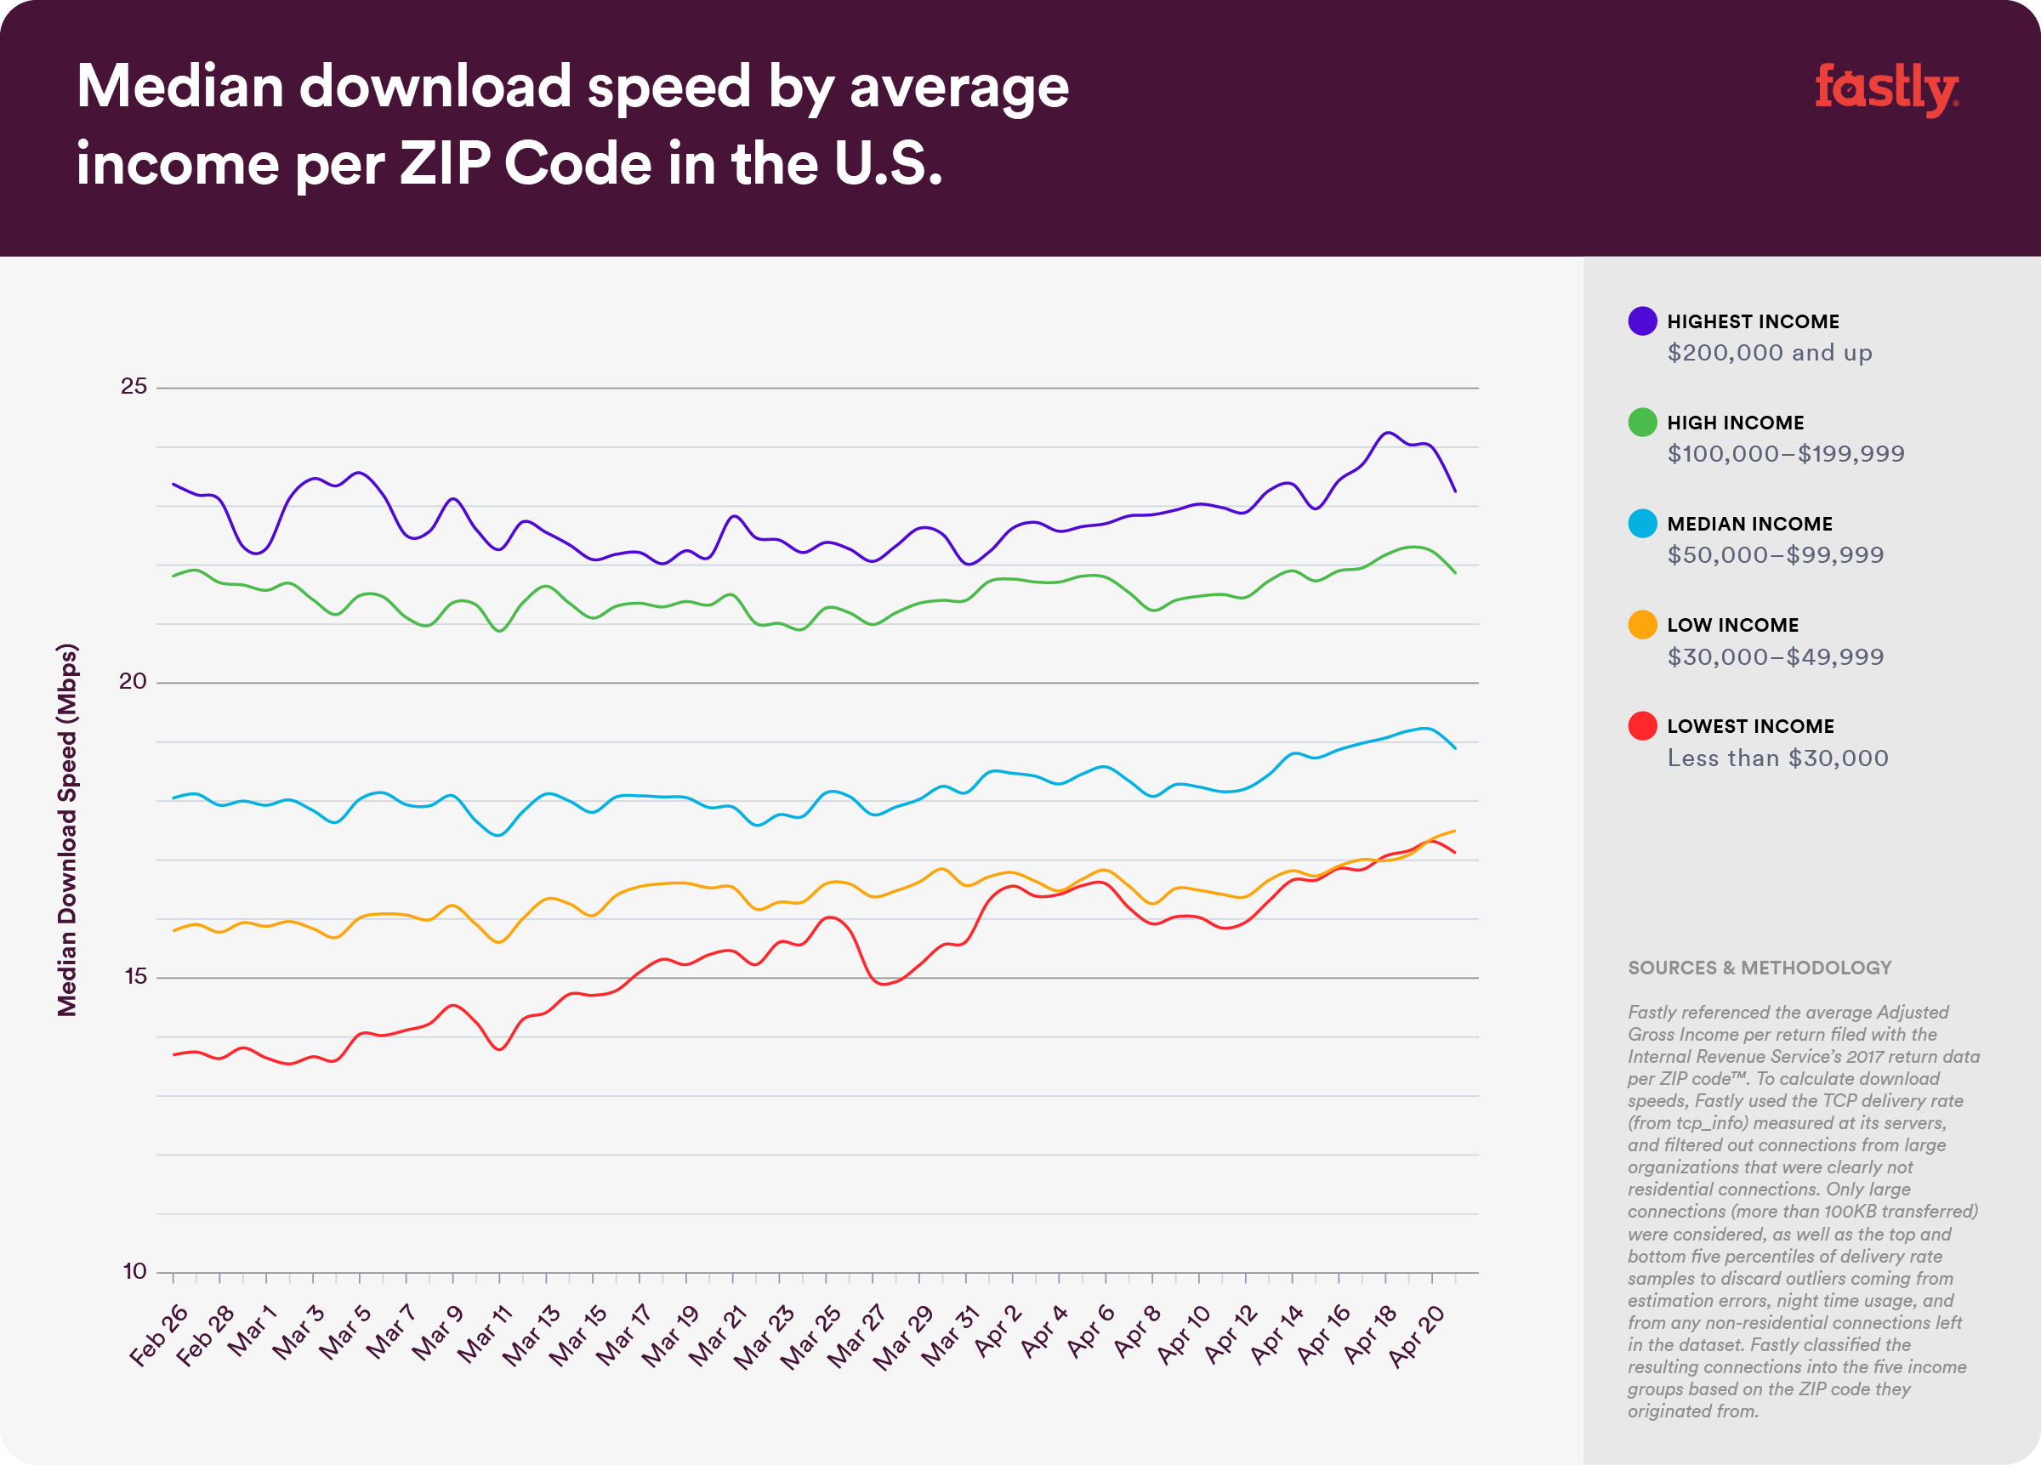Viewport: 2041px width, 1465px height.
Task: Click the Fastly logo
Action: click(x=1885, y=89)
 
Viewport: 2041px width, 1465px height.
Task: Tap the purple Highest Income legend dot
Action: click(x=1641, y=321)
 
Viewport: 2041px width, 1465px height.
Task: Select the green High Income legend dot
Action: click(x=1641, y=422)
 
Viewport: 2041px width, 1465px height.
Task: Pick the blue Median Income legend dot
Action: click(x=1641, y=524)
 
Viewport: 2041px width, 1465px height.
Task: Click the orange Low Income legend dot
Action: click(x=1641, y=624)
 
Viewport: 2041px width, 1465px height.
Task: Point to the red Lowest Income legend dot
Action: click(x=1641, y=726)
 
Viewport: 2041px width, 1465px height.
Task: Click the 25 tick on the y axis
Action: click(x=134, y=386)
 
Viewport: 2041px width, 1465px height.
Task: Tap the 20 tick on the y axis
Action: click(x=134, y=681)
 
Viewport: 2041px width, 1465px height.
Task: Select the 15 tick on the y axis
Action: click(x=135, y=976)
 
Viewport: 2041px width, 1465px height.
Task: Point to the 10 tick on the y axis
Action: click(x=135, y=1271)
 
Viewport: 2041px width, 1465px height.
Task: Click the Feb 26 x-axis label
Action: click(x=158, y=1337)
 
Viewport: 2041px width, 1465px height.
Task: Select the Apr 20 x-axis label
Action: click(x=1417, y=1337)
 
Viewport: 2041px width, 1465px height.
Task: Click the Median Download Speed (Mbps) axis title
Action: click(x=67, y=830)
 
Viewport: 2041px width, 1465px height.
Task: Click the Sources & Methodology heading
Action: click(x=1759, y=968)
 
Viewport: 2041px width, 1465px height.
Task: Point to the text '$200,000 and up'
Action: click(x=1769, y=353)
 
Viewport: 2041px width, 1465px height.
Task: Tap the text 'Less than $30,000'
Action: click(x=1777, y=758)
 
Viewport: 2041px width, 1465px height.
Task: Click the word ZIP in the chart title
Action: click(x=446, y=165)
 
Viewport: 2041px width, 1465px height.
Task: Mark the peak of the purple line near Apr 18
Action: click(x=1389, y=433)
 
